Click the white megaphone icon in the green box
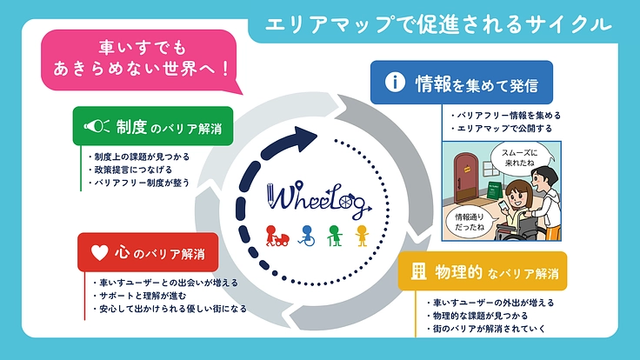(92, 127)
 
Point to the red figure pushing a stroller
(277, 236)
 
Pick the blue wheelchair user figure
(305, 236)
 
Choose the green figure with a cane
(333, 236)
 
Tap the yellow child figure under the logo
(362, 236)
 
